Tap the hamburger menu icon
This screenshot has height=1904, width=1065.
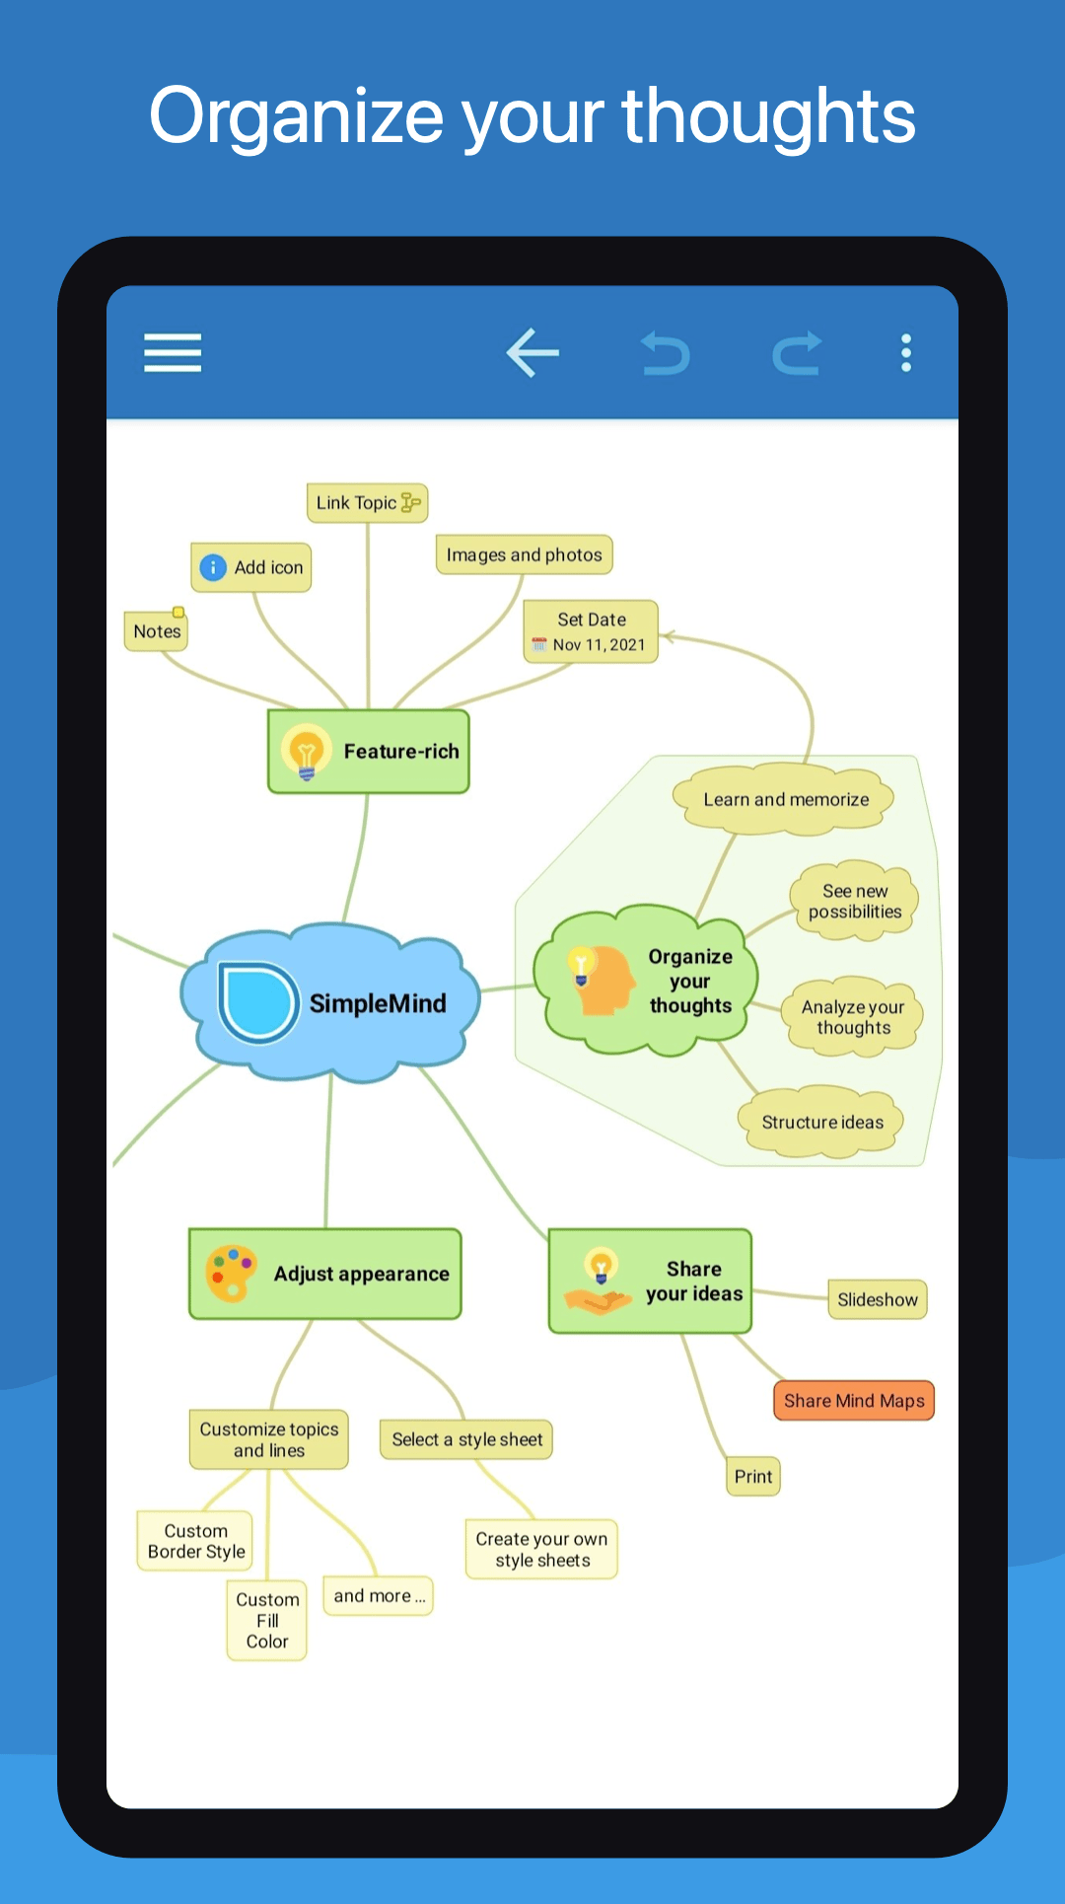(173, 352)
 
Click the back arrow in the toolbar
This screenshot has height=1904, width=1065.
(532, 352)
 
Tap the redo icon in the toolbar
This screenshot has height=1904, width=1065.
(797, 353)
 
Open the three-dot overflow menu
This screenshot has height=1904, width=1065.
(905, 353)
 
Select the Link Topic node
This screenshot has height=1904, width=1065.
(367, 503)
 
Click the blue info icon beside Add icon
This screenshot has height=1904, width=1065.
(213, 567)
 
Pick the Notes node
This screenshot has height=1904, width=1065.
(157, 630)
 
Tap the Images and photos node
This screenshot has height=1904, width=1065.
(525, 554)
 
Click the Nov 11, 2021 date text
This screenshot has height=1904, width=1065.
(599, 645)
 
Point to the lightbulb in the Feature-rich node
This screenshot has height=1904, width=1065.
(307, 753)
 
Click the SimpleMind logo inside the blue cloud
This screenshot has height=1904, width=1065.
(257, 1002)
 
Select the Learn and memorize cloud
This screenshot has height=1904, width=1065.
(785, 799)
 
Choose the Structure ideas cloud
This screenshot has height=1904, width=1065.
(821, 1122)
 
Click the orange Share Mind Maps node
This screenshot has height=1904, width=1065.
(854, 1401)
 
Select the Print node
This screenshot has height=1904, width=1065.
(753, 1477)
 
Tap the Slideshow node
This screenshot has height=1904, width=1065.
(878, 1299)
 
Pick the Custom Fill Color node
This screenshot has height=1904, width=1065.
(267, 1621)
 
